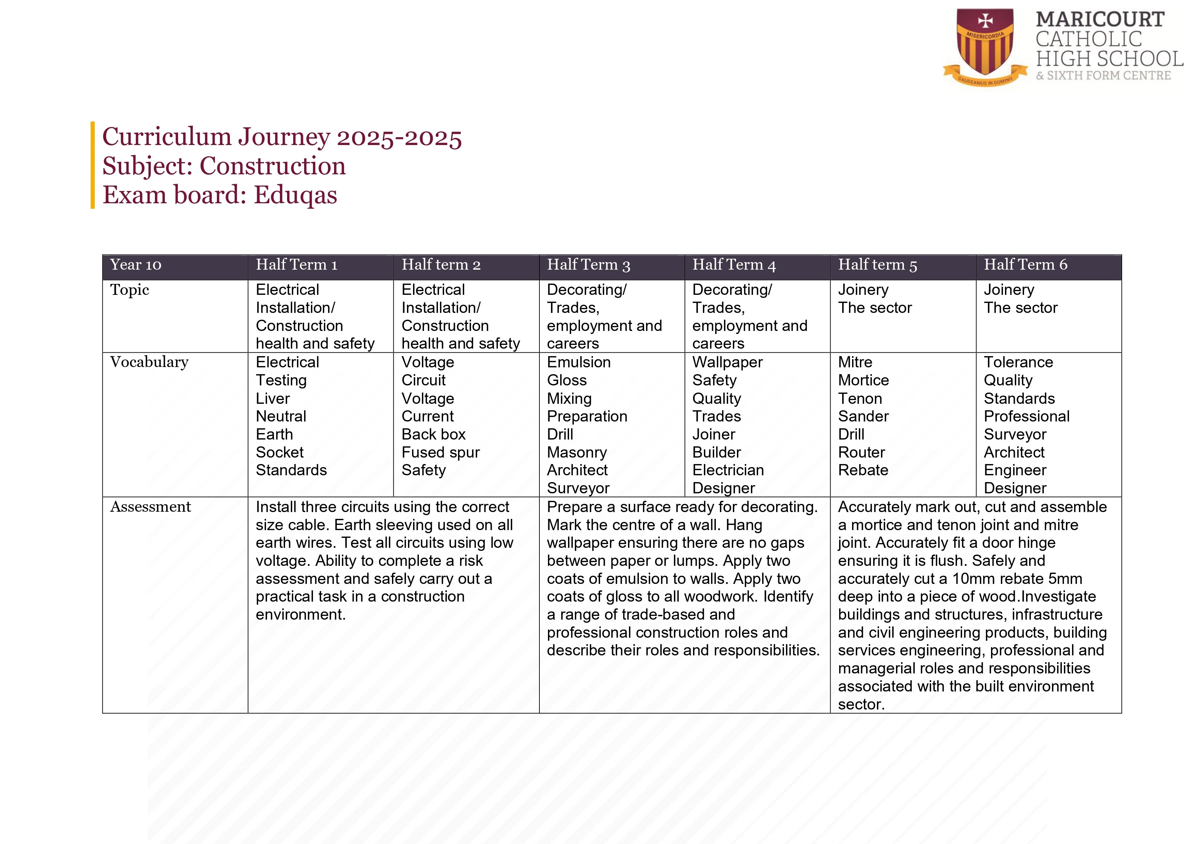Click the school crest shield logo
(x=985, y=47)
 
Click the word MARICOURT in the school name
(x=1100, y=20)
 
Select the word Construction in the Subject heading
(x=273, y=166)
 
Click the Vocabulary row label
(x=150, y=362)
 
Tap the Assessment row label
(x=151, y=507)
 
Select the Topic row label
(x=130, y=290)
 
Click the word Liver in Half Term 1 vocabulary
(x=273, y=399)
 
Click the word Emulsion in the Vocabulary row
(x=579, y=362)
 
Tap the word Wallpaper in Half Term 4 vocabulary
(x=727, y=362)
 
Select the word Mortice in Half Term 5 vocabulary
(x=863, y=380)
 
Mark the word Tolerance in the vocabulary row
(x=1018, y=362)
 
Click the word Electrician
(x=728, y=471)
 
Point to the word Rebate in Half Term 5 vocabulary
(x=863, y=471)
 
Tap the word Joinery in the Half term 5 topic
(x=863, y=290)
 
